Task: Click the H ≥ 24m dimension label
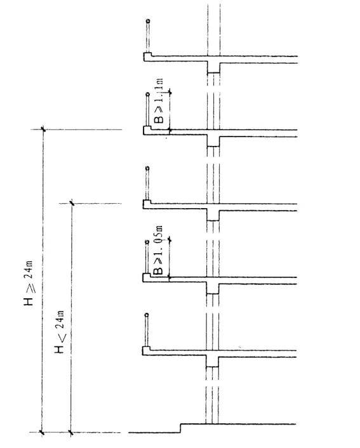(x=29, y=283)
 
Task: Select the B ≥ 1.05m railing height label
(x=158, y=250)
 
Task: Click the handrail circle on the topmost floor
(x=148, y=21)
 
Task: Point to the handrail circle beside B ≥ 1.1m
(x=147, y=94)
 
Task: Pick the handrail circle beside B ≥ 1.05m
(x=147, y=242)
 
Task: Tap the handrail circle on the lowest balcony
(x=147, y=315)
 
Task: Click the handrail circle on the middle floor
(x=147, y=168)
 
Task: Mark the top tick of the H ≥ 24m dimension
(x=43, y=129)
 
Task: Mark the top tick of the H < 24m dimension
(x=72, y=203)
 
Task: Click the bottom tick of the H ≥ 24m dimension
(x=43, y=432)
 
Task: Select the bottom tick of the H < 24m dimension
(x=70, y=432)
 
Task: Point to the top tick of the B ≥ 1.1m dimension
(x=170, y=92)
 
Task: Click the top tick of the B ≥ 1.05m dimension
(x=170, y=239)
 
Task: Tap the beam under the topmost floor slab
(x=213, y=68)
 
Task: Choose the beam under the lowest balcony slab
(x=212, y=362)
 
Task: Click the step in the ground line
(x=180, y=428)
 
